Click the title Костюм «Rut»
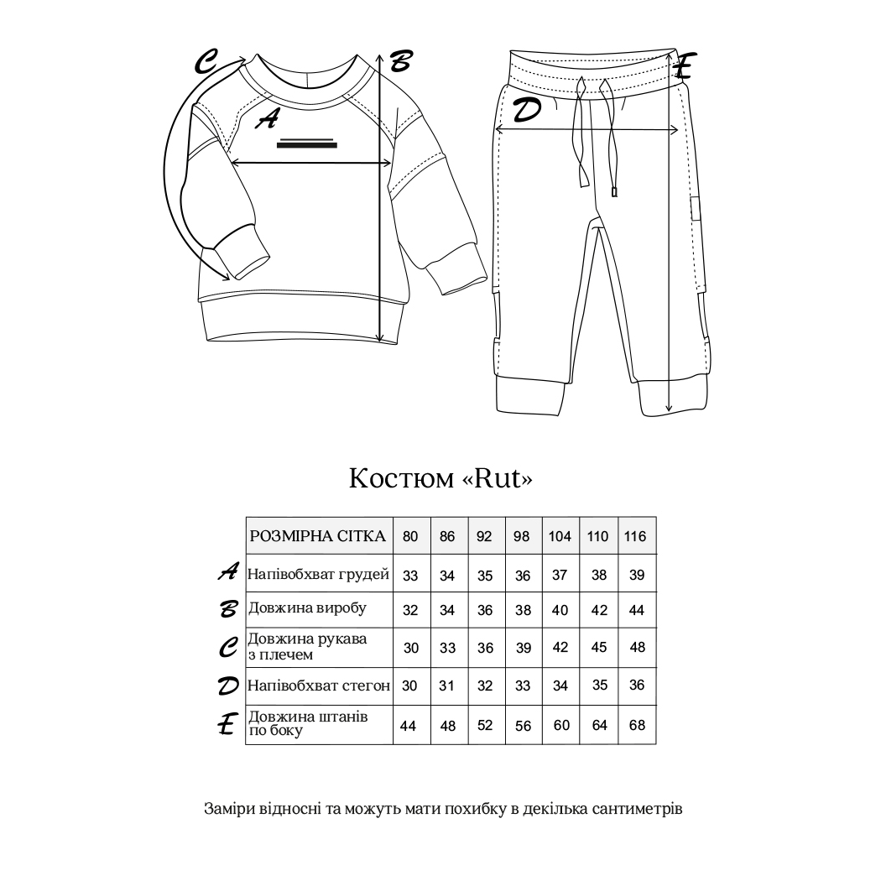pyautogui.click(x=440, y=478)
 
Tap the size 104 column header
pyautogui.click(x=560, y=536)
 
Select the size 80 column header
pyautogui.click(x=410, y=536)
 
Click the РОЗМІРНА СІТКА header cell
pyautogui.click(x=319, y=536)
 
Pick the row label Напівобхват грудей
pyautogui.click(x=319, y=575)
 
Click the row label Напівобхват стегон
pyautogui.click(x=319, y=686)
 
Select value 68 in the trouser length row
pyautogui.click(x=637, y=725)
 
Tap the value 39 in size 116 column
pyautogui.click(x=637, y=575)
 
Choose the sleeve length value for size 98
pyautogui.click(x=522, y=648)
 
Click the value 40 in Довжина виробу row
pyautogui.click(x=560, y=610)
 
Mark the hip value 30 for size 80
pyautogui.click(x=410, y=686)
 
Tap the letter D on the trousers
pyautogui.click(x=526, y=110)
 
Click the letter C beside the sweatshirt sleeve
pyautogui.click(x=206, y=61)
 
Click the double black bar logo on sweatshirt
pyautogui.click(x=306, y=142)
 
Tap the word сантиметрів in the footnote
pyautogui.click(x=637, y=810)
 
